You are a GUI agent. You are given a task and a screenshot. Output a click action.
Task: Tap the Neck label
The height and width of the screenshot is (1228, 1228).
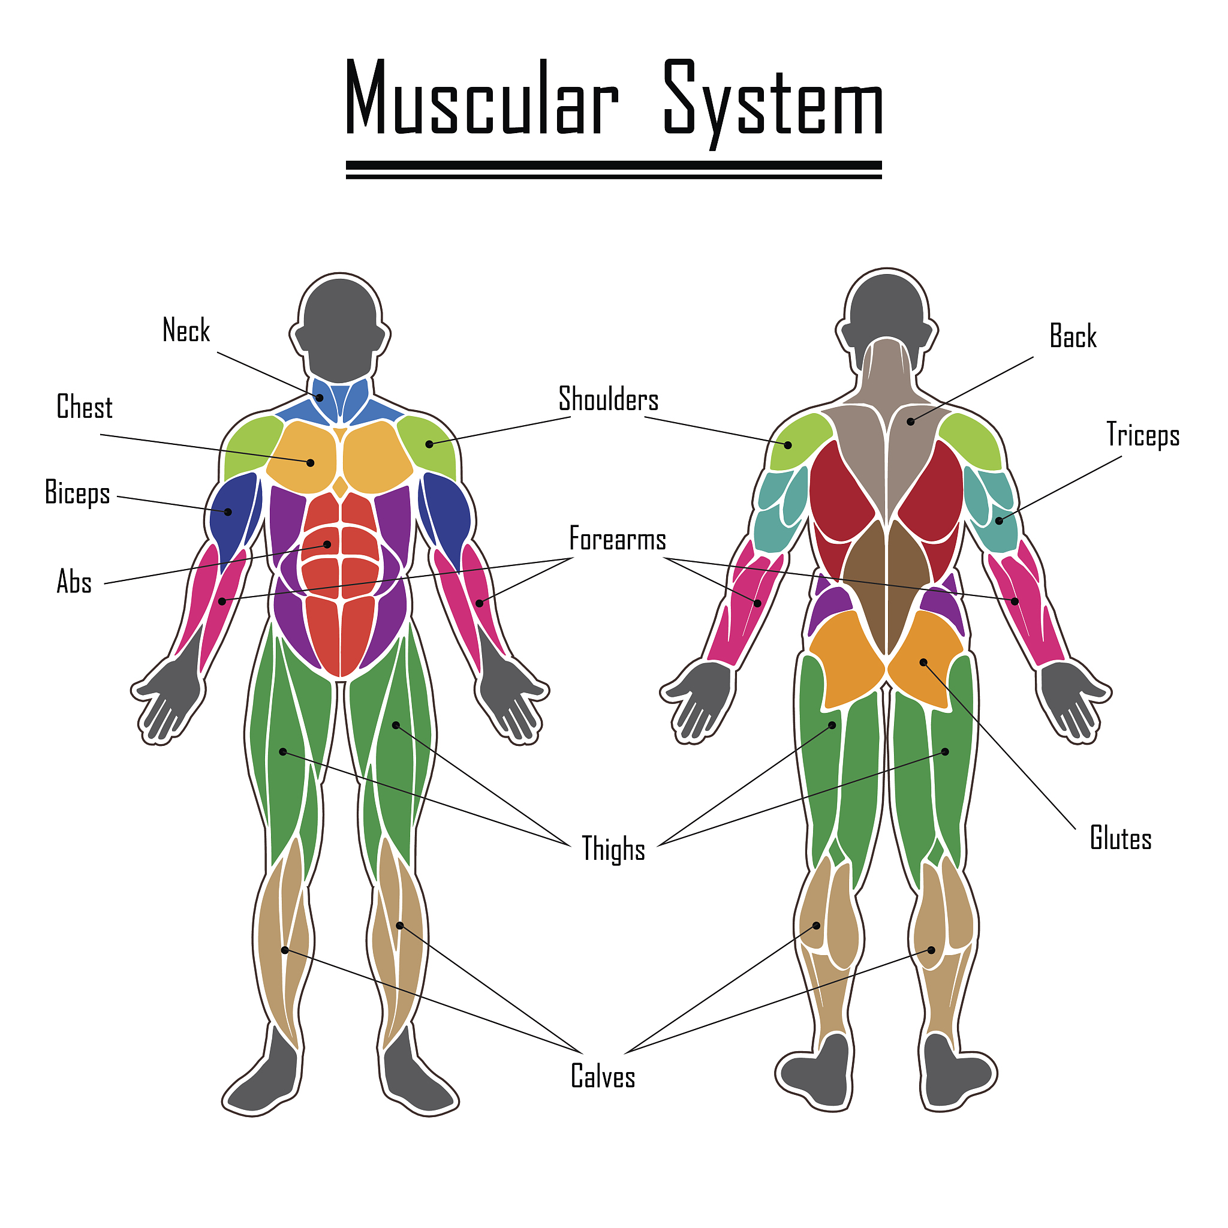coord(186,330)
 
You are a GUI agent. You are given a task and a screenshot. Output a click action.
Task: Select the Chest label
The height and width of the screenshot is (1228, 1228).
coord(85,407)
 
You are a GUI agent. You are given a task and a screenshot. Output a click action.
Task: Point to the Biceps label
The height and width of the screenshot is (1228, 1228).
coord(77,493)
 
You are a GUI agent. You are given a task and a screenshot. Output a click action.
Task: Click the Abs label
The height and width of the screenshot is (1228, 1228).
coord(74,582)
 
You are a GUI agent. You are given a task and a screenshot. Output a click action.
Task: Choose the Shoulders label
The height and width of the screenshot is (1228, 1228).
coord(608,399)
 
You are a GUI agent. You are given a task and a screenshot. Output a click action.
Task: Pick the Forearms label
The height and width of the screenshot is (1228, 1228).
coord(617,539)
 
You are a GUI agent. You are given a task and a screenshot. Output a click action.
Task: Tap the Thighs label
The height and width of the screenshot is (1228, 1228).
coord(613,849)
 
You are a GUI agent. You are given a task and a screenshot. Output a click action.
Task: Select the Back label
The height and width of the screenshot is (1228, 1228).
coord(1073,336)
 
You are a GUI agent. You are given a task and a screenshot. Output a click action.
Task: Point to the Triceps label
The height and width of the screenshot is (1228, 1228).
coord(1143,435)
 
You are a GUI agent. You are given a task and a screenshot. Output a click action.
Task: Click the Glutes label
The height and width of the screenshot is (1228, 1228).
coord(1121,838)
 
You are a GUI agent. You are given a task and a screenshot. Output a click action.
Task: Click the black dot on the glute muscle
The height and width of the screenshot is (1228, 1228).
coord(923,663)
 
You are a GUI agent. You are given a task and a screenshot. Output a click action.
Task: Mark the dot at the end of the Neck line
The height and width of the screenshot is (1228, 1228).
coord(320,398)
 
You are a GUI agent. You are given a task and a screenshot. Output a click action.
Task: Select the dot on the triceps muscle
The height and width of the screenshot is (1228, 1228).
coord(998,520)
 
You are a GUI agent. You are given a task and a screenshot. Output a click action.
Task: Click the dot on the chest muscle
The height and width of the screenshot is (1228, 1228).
coord(310,462)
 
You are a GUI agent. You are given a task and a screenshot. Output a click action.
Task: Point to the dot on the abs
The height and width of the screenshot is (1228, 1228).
coord(327,544)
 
